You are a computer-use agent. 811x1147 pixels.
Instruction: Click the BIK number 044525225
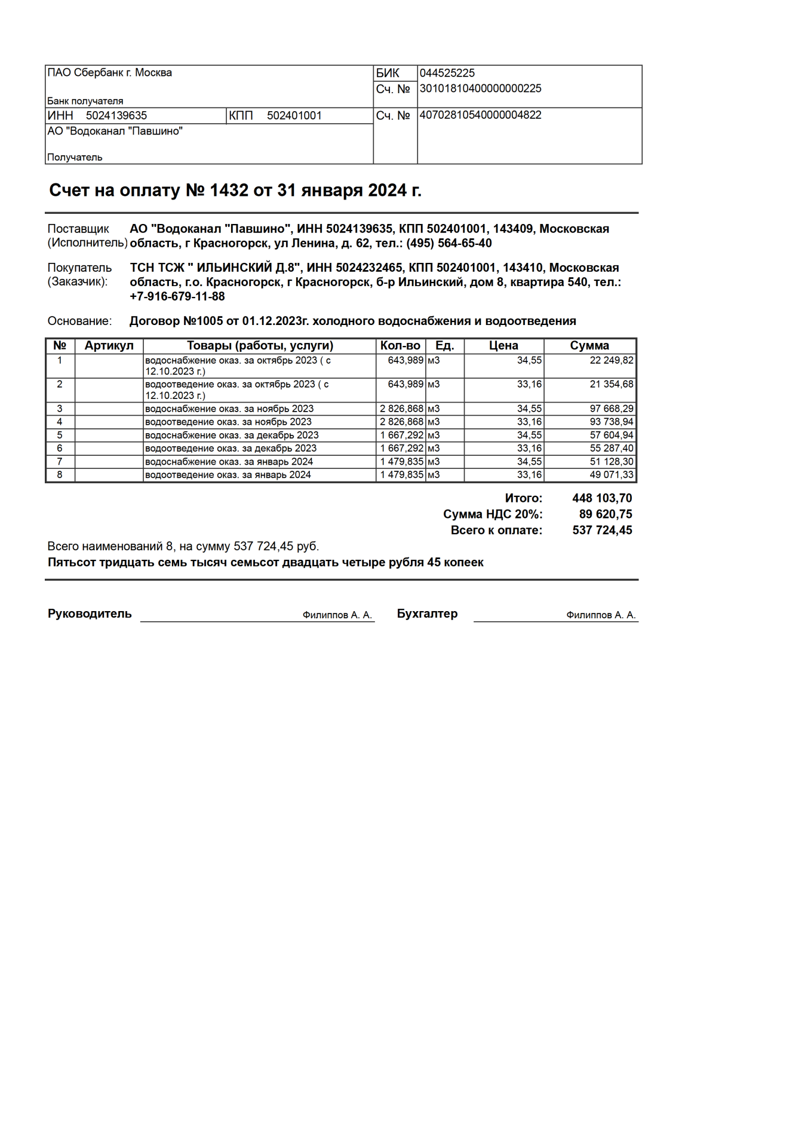(447, 73)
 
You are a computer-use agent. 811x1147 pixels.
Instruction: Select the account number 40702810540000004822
(480, 115)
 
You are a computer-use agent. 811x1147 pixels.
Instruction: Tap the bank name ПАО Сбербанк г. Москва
(109, 73)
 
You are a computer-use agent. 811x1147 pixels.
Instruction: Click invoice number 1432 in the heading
(229, 191)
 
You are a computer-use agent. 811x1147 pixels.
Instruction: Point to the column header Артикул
(109, 346)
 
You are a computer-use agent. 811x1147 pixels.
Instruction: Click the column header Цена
(503, 346)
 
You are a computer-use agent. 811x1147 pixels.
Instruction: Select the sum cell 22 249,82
(611, 360)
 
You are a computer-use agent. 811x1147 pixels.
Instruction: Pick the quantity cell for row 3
(401, 409)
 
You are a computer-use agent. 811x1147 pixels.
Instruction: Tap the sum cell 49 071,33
(611, 475)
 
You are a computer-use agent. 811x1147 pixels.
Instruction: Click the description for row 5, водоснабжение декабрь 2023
(232, 435)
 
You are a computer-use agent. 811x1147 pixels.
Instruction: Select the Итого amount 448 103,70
(601, 498)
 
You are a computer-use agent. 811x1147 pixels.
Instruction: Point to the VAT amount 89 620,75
(605, 514)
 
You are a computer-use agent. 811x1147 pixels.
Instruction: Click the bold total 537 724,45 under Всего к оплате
(601, 530)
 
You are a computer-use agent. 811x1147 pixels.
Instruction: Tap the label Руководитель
(90, 614)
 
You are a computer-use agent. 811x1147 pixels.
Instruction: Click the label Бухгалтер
(427, 614)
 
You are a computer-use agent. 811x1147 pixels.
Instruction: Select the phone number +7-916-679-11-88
(177, 296)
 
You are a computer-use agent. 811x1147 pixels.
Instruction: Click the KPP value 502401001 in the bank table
(294, 115)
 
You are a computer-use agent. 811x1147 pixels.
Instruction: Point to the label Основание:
(79, 321)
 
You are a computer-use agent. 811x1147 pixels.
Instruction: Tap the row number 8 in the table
(60, 475)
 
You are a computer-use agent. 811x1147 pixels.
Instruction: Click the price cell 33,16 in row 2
(529, 384)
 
